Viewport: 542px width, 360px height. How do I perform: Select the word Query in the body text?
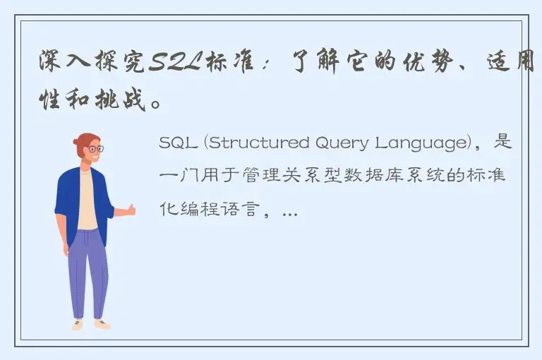coord(316,143)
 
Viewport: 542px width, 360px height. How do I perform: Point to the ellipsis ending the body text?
coord(289,211)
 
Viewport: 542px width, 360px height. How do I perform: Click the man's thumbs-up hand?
coord(128,210)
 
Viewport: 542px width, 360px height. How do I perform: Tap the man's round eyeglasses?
coord(93,149)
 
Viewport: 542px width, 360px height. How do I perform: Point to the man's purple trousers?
coord(88,272)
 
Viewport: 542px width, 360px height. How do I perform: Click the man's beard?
coord(92,161)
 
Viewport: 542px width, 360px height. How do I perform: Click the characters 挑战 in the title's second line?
coord(128,101)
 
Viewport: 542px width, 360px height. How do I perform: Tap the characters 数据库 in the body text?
coord(362,176)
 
